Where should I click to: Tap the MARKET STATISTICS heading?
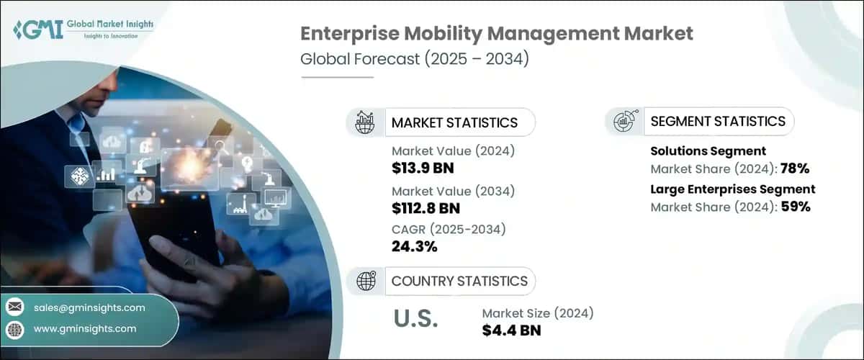(x=454, y=122)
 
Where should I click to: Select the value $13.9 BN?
(x=423, y=169)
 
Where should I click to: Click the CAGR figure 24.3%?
(x=415, y=247)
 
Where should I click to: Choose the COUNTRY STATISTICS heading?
(x=459, y=281)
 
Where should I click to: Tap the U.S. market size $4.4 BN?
(x=511, y=330)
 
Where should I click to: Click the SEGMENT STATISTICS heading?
(x=718, y=121)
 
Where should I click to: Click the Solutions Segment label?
(x=708, y=151)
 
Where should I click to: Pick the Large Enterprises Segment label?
(x=733, y=189)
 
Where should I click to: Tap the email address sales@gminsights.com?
(x=89, y=307)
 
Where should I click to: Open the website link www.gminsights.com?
(x=85, y=328)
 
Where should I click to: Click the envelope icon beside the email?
(x=15, y=307)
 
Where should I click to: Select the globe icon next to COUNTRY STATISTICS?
(x=366, y=281)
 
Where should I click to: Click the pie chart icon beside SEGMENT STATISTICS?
(x=624, y=122)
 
